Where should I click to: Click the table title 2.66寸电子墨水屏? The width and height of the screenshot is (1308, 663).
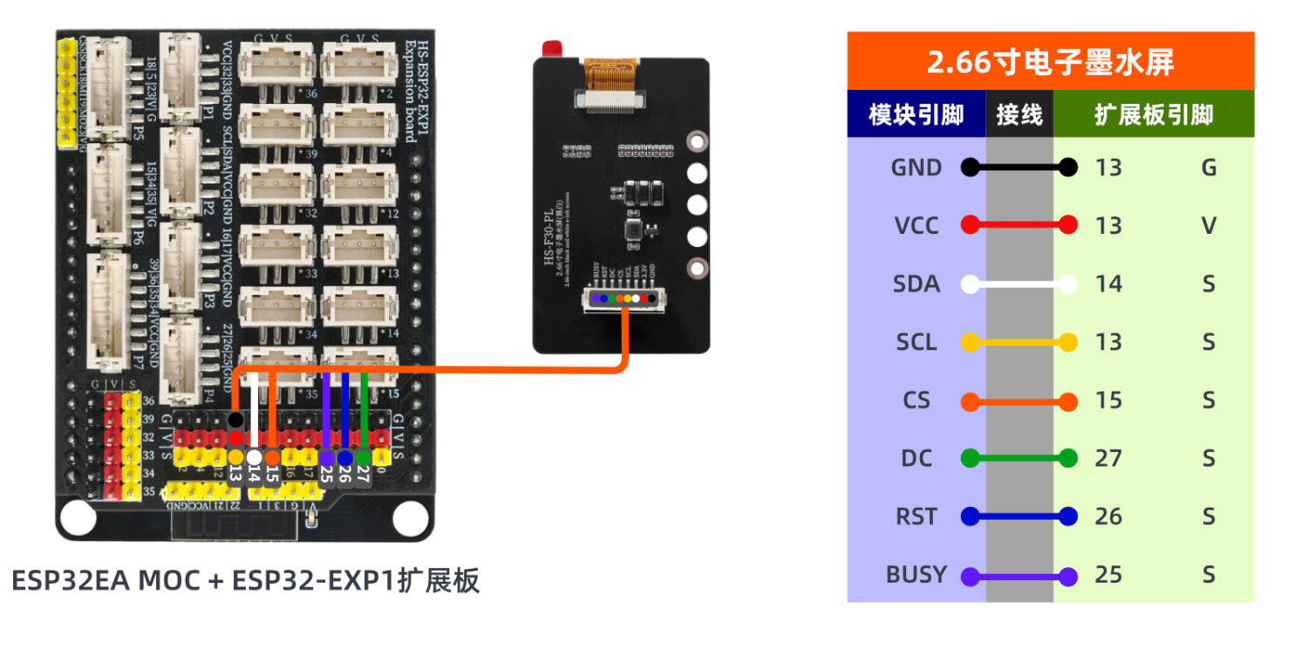[x=1050, y=62]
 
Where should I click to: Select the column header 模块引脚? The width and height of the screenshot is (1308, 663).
[x=916, y=114]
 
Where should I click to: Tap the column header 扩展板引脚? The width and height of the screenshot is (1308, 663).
[x=1153, y=114]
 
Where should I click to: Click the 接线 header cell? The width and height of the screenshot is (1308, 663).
[x=1019, y=114]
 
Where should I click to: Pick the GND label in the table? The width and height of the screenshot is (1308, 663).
[x=916, y=167]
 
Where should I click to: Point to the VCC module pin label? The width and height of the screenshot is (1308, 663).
[x=916, y=226]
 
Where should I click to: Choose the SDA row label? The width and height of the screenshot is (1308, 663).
[x=916, y=284]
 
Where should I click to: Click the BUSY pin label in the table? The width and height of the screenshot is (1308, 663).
[x=916, y=575]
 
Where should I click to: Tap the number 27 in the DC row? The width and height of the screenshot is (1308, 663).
[x=1108, y=458]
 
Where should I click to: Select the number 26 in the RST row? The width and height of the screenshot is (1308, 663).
[x=1108, y=516]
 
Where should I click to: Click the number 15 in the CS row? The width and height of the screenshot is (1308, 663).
[x=1108, y=400]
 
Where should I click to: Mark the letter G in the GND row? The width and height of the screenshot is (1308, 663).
[x=1209, y=167]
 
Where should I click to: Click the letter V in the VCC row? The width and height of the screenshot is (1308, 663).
[x=1209, y=226]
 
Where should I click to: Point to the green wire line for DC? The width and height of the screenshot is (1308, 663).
[x=1018, y=458]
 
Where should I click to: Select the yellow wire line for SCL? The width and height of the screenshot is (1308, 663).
[x=1018, y=342]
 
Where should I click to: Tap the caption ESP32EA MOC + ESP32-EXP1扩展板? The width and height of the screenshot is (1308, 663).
[x=246, y=580]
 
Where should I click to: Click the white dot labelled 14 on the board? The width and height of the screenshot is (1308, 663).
[x=254, y=456]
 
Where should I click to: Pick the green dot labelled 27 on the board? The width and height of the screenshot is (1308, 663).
[x=364, y=457]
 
